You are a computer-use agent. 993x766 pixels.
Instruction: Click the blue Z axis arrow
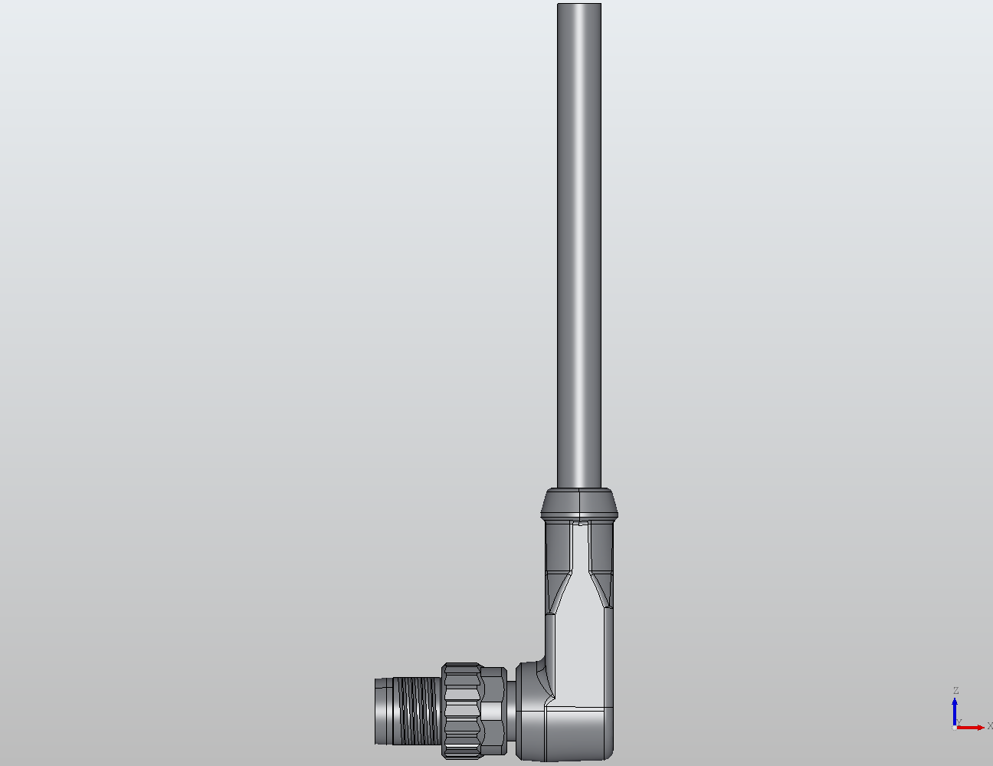pyautogui.click(x=955, y=709)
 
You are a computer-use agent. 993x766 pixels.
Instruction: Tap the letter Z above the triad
pyautogui.click(x=955, y=691)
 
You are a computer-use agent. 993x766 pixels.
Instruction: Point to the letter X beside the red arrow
pyautogui.click(x=989, y=726)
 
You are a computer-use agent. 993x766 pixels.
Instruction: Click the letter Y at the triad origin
pyautogui.click(x=959, y=722)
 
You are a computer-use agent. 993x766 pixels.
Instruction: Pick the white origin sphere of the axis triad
pyautogui.click(x=954, y=728)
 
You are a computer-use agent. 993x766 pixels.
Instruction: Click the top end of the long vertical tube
pyautogui.click(x=579, y=8)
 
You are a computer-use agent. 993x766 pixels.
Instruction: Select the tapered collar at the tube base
pyautogui.click(x=578, y=503)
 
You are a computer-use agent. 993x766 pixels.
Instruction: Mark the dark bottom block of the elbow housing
pyautogui.click(x=567, y=732)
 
